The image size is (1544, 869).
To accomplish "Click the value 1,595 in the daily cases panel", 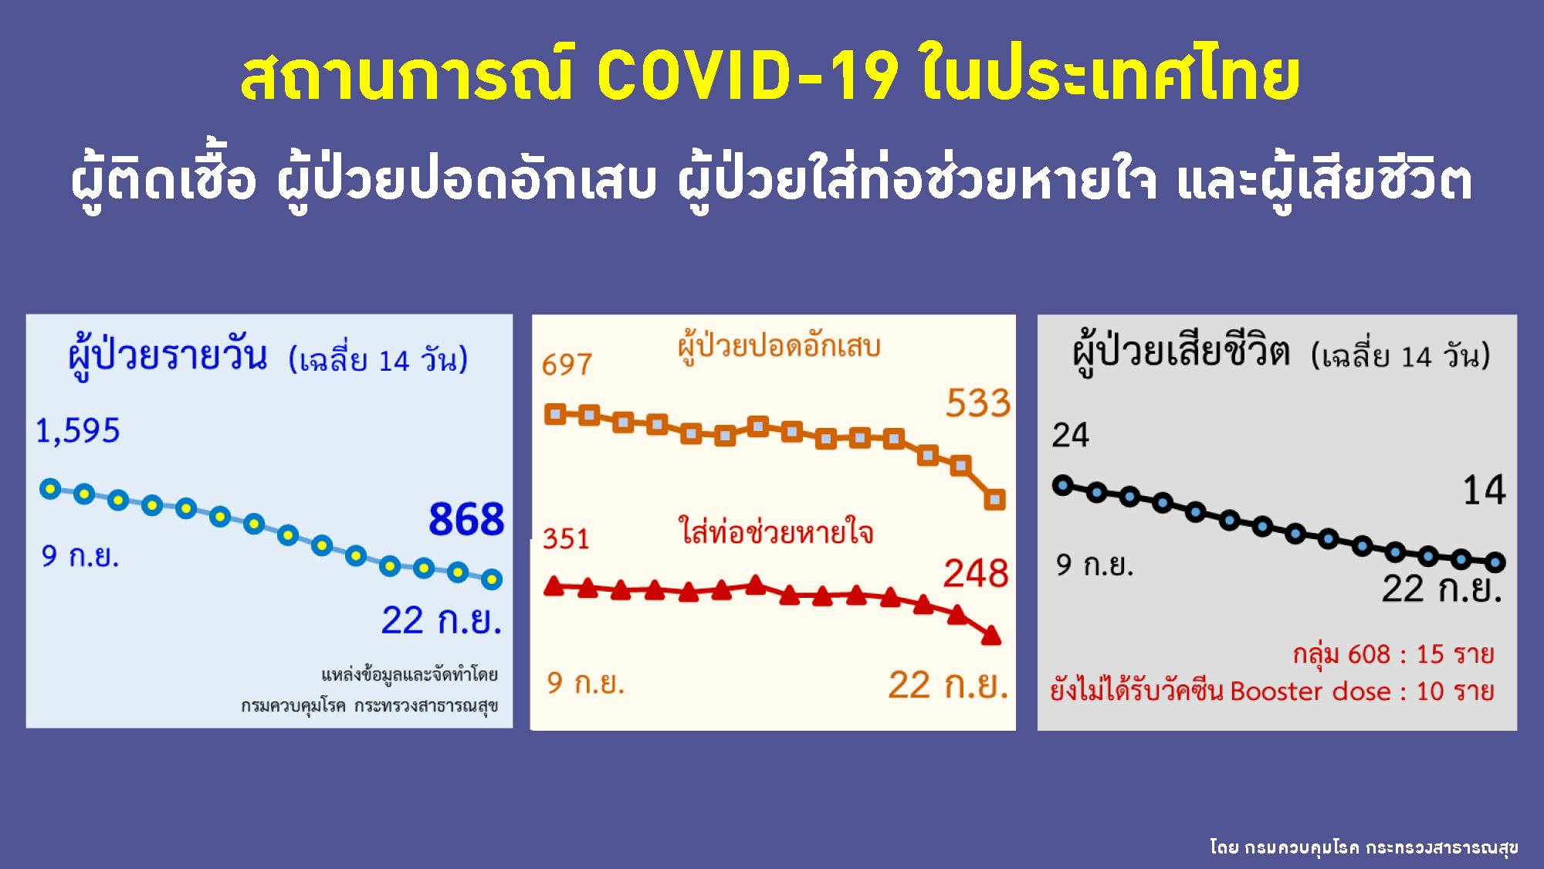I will click(x=78, y=431).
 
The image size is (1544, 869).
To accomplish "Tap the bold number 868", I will click(x=466, y=519).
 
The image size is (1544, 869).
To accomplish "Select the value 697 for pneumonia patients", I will click(x=567, y=364).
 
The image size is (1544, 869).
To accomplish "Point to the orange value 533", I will click(x=978, y=403).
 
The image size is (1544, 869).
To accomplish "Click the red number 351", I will click(x=566, y=538).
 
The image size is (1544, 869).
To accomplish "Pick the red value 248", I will click(x=976, y=574).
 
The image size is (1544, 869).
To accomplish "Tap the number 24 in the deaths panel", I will click(x=1070, y=436).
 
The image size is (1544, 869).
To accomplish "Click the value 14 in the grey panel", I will click(x=1484, y=491).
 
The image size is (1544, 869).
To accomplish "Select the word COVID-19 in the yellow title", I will click(x=747, y=77).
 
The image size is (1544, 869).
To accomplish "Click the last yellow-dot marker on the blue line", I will click(x=492, y=579).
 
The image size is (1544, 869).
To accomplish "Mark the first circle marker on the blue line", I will click(x=50, y=488).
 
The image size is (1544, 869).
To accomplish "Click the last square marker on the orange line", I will click(x=995, y=500).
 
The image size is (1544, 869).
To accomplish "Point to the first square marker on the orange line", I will click(x=555, y=414).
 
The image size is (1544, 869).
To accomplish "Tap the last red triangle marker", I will click(x=991, y=636).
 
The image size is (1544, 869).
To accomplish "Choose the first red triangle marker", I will click(x=554, y=586).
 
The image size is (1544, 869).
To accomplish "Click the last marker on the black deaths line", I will click(x=1495, y=562).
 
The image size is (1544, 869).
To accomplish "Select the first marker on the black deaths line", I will click(x=1063, y=486).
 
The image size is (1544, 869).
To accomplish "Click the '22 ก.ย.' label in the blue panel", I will click(x=441, y=620).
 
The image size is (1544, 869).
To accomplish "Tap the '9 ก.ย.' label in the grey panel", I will click(x=1095, y=565).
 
